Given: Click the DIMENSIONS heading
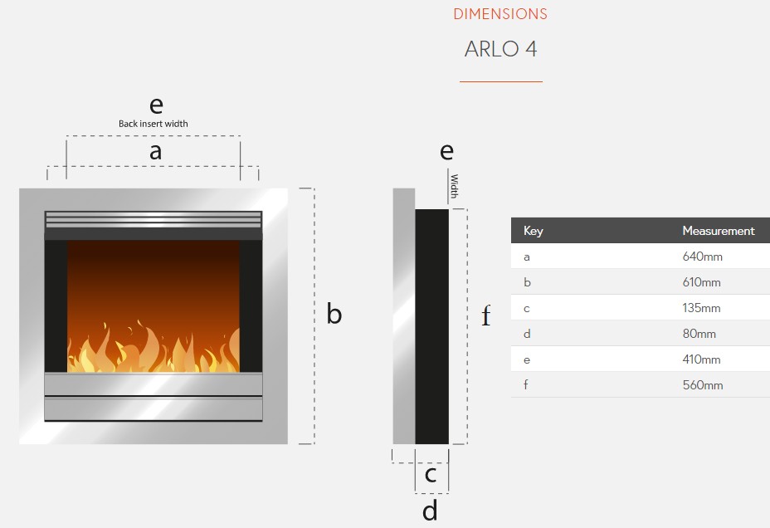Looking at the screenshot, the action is [x=500, y=14].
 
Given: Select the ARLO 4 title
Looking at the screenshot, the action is [x=500, y=49].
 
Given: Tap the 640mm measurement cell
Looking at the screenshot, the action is [x=702, y=257].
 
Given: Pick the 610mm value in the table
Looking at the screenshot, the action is [x=701, y=282].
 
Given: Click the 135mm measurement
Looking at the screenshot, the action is [x=701, y=308].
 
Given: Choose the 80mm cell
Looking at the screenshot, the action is [x=699, y=334].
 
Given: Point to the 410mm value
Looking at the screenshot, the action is [x=701, y=359].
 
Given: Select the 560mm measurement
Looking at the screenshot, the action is [x=703, y=385].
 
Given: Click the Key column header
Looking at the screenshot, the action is [x=534, y=231].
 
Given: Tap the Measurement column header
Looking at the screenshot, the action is [x=719, y=231].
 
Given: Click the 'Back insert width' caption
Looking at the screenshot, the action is [x=154, y=124].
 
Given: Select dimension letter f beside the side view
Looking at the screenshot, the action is [x=486, y=315].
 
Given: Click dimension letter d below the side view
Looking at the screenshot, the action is [x=430, y=511].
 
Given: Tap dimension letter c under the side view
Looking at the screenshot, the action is [x=430, y=475].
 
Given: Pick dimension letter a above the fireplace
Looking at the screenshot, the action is [x=156, y=152].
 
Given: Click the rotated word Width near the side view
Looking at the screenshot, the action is [x=454, y=186].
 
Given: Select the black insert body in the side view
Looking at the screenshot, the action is [x=432, y=326].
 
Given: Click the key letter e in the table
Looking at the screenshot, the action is [x=527, y=360].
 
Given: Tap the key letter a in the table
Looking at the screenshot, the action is [x=527, y=257].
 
